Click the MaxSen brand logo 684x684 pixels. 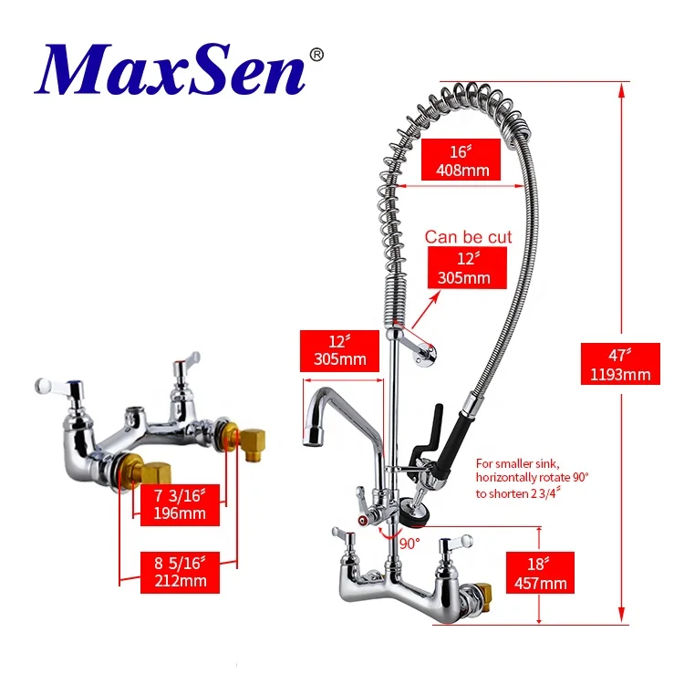pos(170,70)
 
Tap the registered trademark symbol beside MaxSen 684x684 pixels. pos(316,55)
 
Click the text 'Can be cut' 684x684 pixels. pos(468,237)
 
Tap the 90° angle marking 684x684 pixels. pos(409,543)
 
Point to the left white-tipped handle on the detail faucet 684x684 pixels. pos(41,388)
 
